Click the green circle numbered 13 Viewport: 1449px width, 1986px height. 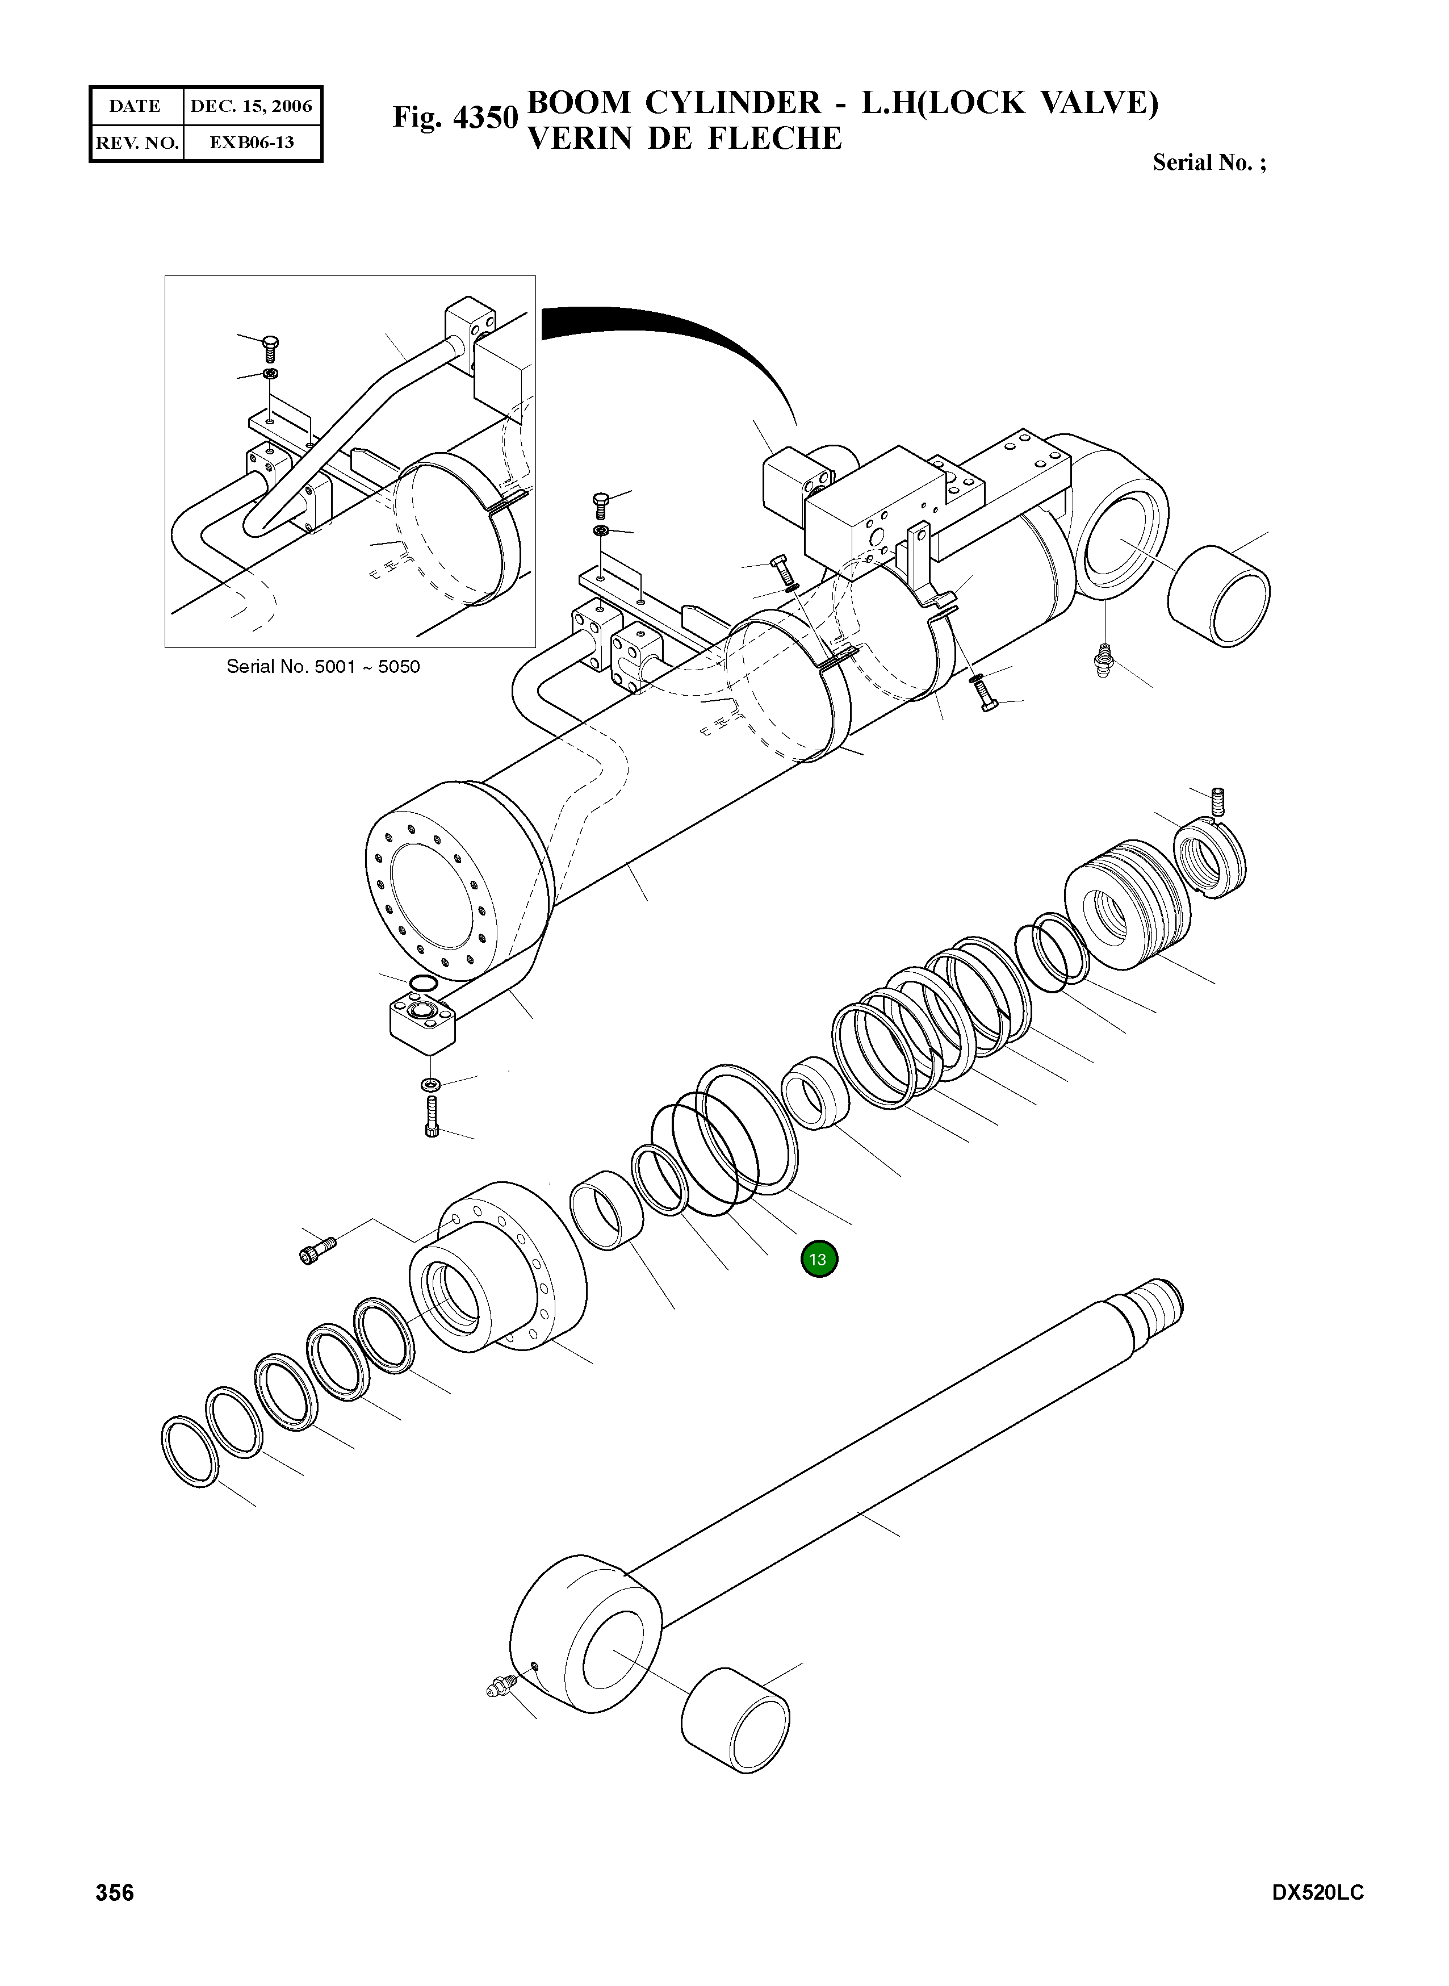tap(818, 1260)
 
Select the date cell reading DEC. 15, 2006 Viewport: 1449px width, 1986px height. tap(251, 107)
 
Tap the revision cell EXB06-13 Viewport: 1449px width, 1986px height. tap(251, 142)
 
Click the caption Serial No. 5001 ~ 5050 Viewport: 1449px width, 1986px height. tap(323, 667)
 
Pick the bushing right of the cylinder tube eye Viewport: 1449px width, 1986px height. tap(1219, 596)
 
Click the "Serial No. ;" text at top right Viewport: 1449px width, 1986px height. tap(1209, 162)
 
